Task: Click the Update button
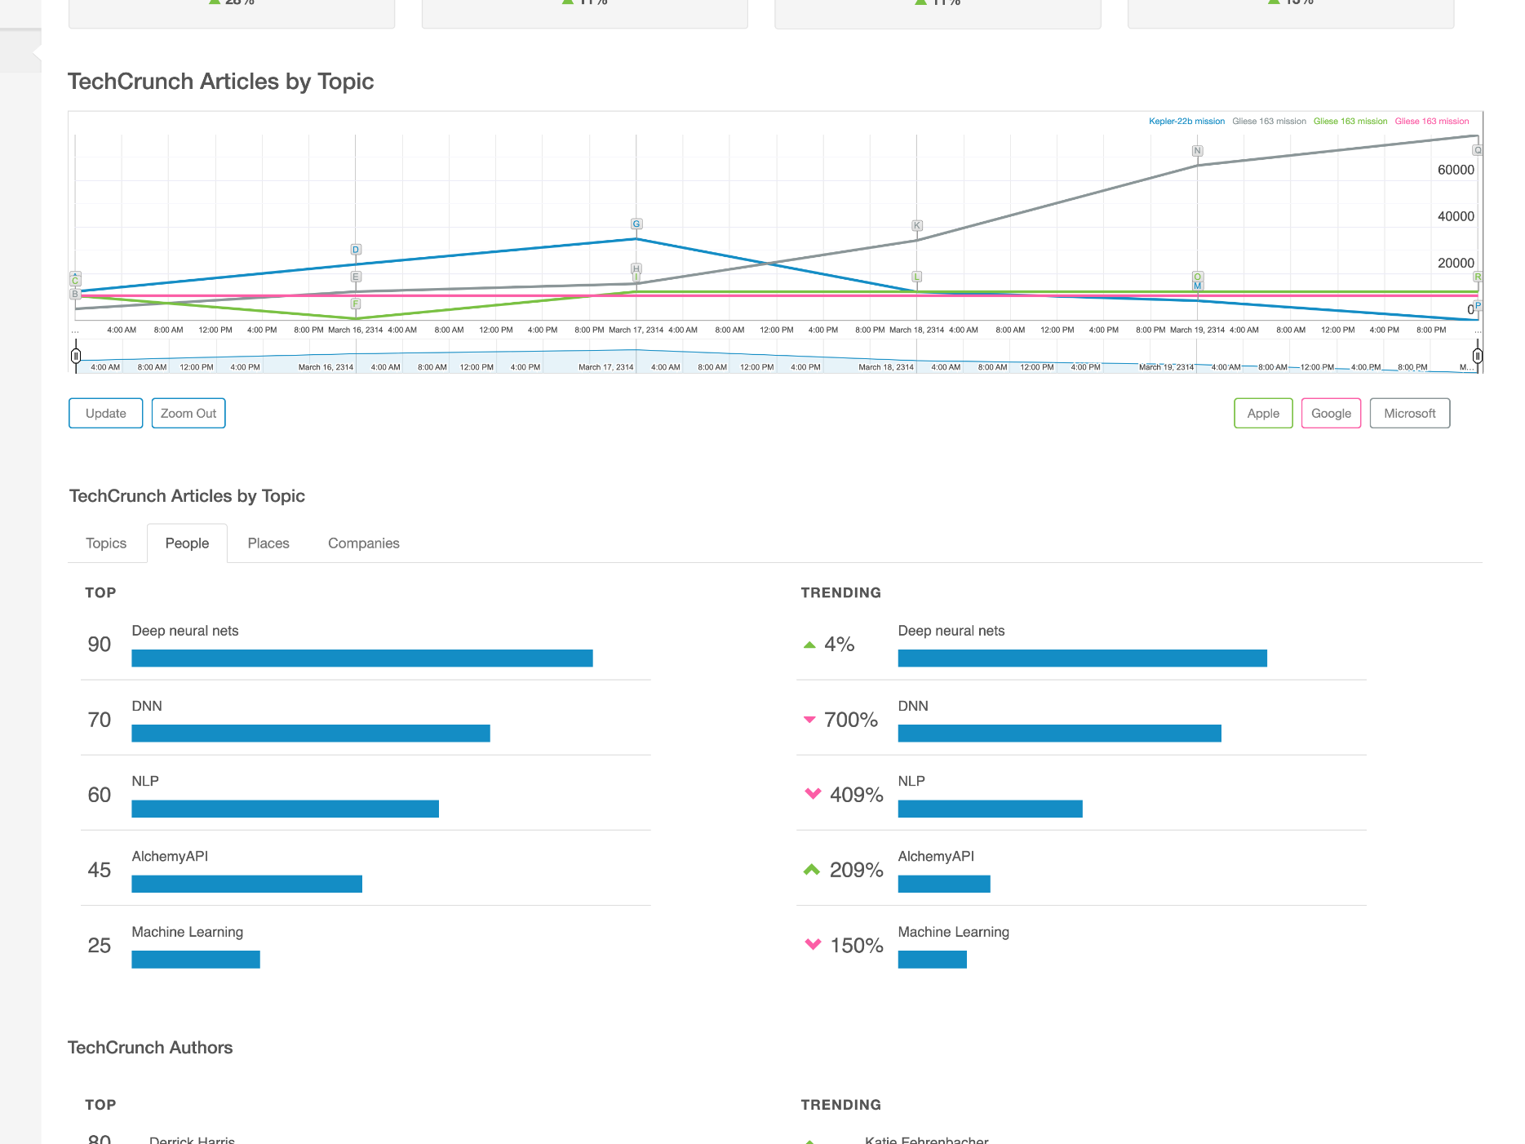pos(106,413)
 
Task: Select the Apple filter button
pos(1262,413)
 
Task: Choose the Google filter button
pos(1330,413)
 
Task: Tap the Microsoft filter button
pos(1408,413)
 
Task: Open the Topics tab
pos(106,543)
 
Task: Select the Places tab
pos(268,543)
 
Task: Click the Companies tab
pos(363,543)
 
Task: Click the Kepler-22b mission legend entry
pos(1186,122)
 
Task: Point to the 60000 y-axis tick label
pos(1455,170)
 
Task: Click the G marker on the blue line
pos(636,224)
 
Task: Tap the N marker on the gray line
pos(1197,151)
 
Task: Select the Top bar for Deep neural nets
pos(361,658)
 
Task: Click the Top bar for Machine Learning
pos(196,960)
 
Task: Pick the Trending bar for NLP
pos(989,809)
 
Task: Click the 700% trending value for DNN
pos(850,720)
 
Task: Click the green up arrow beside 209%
pos(811,870)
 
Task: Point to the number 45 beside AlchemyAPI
pos(100,870)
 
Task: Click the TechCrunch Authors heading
pos(150,1048)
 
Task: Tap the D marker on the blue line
pos(356,250)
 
